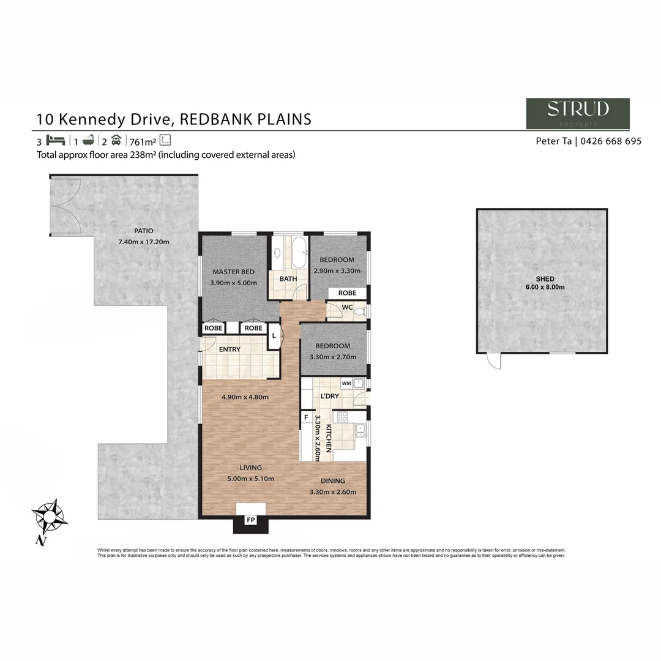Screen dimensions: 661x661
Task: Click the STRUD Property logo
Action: (x=578, y=113)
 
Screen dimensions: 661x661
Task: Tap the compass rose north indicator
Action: (x=49, y=517)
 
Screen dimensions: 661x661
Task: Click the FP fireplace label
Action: (x=250, y=520)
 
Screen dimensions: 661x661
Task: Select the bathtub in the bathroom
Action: (x=299, y=253)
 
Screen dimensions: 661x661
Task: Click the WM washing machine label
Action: (x=346, y=383)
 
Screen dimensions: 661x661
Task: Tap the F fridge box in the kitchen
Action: (x=305, y=418)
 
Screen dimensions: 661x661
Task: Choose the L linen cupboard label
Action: (x=274, y=336)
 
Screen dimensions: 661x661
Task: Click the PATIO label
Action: (x=144, y=231)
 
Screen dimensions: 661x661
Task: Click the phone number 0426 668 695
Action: (x=611, y=141)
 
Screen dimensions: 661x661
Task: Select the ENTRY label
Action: (x=230, y=349)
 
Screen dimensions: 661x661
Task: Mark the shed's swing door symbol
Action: (x=494, y=361)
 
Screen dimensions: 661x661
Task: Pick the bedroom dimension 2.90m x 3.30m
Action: (x=337, y=271)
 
